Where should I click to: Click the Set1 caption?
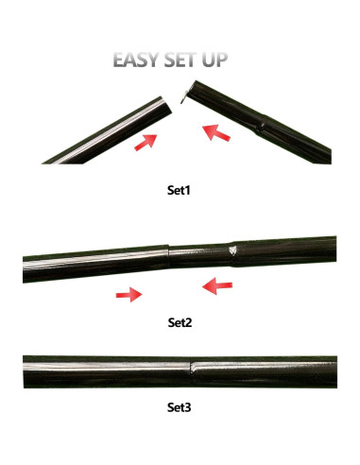(x=180, y=190)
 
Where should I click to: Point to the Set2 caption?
(x=180, y=322)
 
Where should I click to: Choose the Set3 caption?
(x=180, y=410)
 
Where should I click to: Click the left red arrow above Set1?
(x=146, y=142)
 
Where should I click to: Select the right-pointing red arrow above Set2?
(x=128, y=295)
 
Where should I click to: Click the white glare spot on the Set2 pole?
(x=233, y=250)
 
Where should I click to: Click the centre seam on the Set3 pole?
(x=192, y=371)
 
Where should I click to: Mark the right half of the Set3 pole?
(x=269, y=371)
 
